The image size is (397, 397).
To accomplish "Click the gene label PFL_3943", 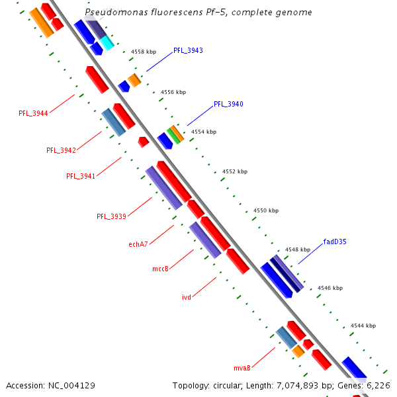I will [x=188, y=50].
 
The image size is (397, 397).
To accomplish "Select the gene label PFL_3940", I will [x=228, y=104].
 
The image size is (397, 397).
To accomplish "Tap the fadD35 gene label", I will [x=335, y=242].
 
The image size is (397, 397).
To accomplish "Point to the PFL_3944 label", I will [x=33, y=113].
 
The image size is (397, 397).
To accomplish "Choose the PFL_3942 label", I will [x=61, y=150].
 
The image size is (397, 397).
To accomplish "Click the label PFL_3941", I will [x=81, y=176].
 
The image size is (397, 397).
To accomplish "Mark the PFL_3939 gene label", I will [x=111, y=216].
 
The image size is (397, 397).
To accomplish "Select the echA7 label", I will [x=138, y=244].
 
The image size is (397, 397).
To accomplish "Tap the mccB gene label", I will [x=161, y=269].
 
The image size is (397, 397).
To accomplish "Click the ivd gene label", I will [x=187, y=297].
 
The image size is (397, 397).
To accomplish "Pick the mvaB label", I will [x=242, y=368].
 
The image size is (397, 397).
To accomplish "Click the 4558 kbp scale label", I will [x=144, y=51].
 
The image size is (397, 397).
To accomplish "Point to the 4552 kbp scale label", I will [x=234, y=171].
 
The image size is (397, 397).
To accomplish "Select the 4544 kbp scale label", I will [x=363, y=326].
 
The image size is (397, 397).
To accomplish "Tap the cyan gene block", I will [x=107, y=43].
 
